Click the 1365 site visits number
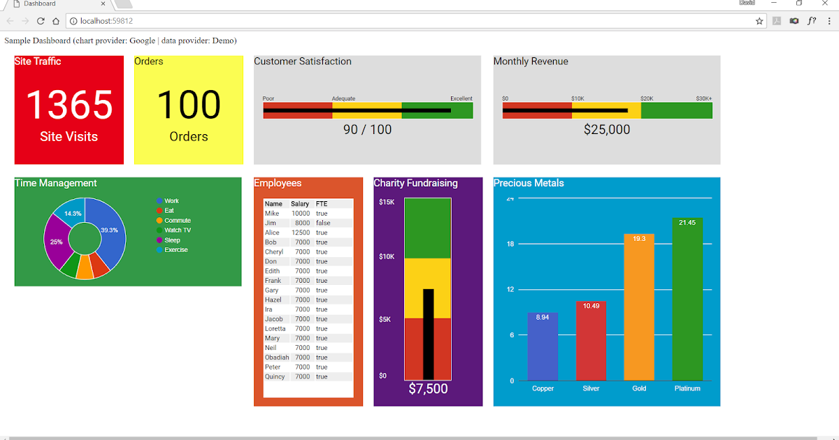coord(69,105)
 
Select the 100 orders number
coord(189,105)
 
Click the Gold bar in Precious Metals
coord(639,307)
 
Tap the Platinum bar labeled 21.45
coord(687,300)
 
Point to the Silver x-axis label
coord(591,388)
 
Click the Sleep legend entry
coord(172,240)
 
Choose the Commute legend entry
coord(177,221)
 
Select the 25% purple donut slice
coord(56,242)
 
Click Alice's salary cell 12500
coord(301,233)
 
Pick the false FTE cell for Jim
coord(322,223)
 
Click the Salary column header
coord(300,204)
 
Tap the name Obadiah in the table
coord(277,358)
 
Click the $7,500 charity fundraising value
coord(428,389)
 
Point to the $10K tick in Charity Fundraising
coord(387,257)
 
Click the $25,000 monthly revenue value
coord(607,130)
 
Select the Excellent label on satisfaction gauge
coord(461,98)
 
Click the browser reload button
coord(41,21)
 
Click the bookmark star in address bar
coord(759,21)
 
